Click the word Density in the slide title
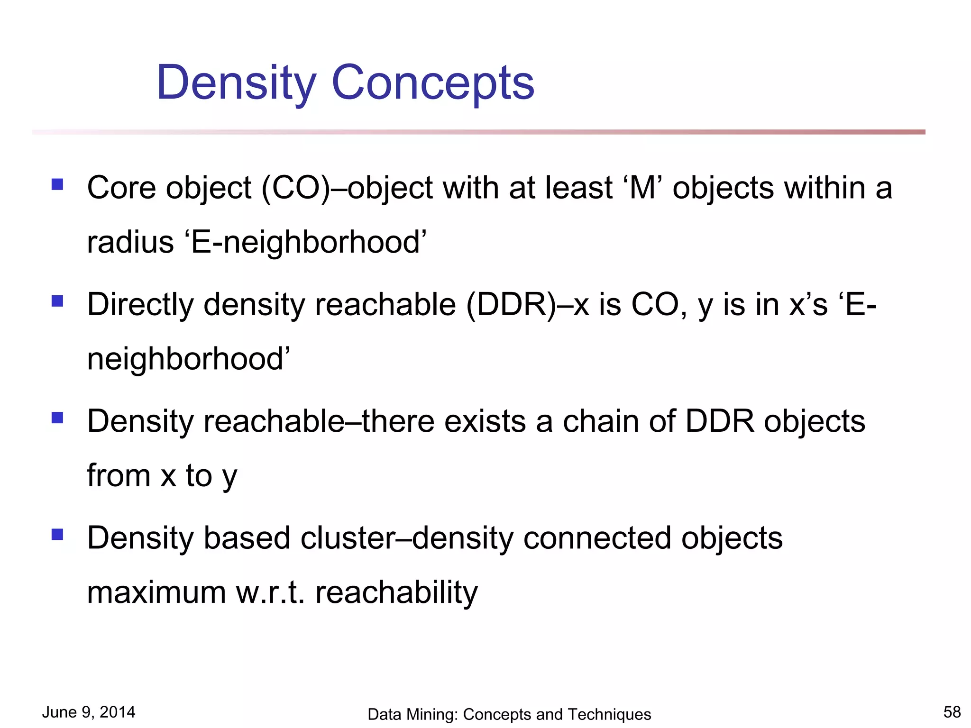click(236, 83)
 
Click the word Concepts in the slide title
click(433, 83)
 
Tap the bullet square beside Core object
click(57, 184)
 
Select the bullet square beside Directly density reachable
click(57, 301)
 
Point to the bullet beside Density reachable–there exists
click(57, 418)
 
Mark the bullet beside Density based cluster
click(57, 535)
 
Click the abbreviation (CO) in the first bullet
click(295, 188)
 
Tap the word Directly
click(140, 304)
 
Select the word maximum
click(156, 592)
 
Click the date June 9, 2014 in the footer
click(89, 712)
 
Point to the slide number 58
click(952, 712)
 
